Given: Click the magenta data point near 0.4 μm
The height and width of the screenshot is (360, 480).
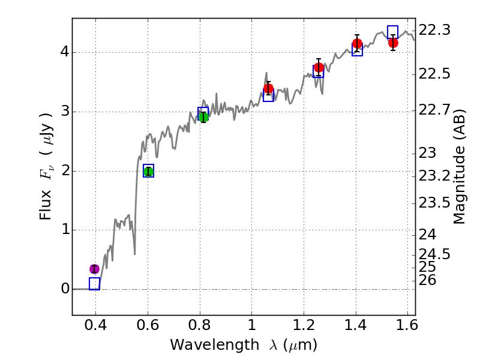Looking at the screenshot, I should pyautogui.click(x=94, y=269).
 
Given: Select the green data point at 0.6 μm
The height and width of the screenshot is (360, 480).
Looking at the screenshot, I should pyautogui.click(x=148, y=172).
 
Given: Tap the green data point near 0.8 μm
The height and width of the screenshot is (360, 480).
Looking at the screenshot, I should pyautogui.click(x=203, y=116).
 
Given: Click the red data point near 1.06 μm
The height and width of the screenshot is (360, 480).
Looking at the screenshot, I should pyautogui.click(x=268, y=88).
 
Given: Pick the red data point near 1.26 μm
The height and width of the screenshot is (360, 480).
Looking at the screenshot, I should pyautogui.click(x=319, y=67).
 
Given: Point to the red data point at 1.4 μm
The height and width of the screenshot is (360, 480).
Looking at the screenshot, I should pyautogui.click(x=358, y=43).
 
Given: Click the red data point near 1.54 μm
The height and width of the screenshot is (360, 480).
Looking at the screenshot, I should pyautogui.click(x=393, y=43).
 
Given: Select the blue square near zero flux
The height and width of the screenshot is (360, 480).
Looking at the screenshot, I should pyautogui.click(x=94, y=284).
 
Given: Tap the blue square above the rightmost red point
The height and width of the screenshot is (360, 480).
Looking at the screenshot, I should pyautogui.click(x=393, y=32).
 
